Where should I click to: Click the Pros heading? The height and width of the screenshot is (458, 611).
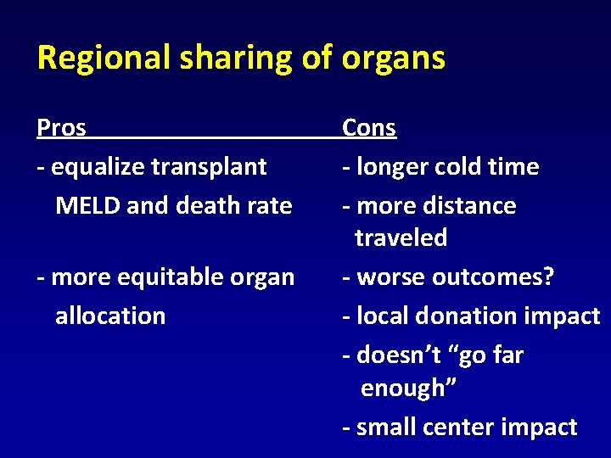click(61, 128)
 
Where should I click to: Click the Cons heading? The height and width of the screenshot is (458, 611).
click(369, 128)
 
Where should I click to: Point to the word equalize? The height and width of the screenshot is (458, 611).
click(98, 167)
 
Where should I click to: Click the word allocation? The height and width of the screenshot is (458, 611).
click(110, 316)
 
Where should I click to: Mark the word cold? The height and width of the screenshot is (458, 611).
click(459, 167)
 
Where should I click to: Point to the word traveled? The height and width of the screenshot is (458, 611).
click(401, 238)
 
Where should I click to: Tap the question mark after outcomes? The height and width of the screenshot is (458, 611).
click(548, 277)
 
